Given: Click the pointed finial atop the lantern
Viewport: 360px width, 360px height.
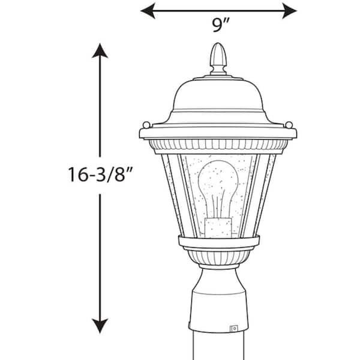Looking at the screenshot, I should (218, 57).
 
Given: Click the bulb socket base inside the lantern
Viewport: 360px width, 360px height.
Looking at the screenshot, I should (218, 226).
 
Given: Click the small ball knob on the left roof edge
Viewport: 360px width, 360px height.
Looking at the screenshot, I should (146, 125).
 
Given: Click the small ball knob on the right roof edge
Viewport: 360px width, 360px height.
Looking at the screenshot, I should (290, 125).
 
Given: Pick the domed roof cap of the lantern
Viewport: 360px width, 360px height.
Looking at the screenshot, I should (218, 96).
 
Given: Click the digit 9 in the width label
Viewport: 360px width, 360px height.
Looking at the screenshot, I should (215, 26).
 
